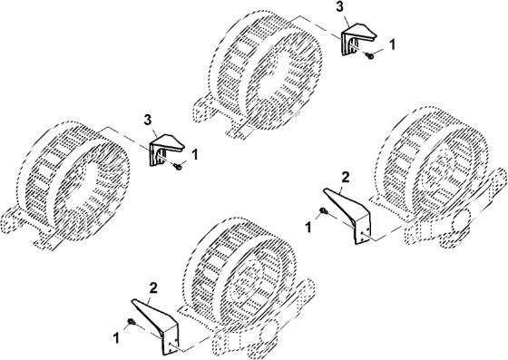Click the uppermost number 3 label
(x=339, y=7)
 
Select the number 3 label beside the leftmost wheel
(x=147, y=120)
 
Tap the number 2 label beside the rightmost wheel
(x=346, y=177)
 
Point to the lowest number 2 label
(x=153, y=287)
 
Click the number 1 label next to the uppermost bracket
(x=392, y=44)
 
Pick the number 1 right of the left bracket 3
(x=195, y=155)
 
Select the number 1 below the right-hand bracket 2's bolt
(x=308, y=228)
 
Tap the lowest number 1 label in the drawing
(x=116, y=338)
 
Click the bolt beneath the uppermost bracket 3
(x=369, y=55)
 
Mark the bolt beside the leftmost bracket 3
(x=178, y=167)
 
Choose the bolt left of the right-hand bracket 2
(x=324, y=211)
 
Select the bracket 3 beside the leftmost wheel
(x=166, y=150)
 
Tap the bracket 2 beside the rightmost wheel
(x=347, y=215)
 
